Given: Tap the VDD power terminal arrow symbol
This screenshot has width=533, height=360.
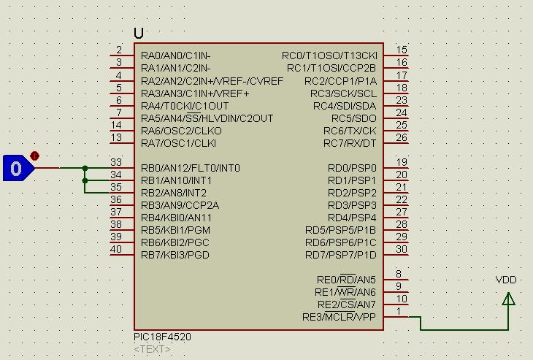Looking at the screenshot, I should click(509, 299).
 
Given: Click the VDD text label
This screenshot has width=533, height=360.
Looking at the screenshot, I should click(506, 280).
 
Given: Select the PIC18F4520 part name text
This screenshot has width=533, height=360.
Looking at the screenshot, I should click(163, 337).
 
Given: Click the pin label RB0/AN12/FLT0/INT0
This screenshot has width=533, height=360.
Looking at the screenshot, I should click(190, 168).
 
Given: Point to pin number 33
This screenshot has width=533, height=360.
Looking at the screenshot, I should click(115, 162).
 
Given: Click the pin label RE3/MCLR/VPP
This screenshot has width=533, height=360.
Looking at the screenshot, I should click(339, 317).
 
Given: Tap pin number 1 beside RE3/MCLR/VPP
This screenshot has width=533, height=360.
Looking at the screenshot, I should click(399, 312).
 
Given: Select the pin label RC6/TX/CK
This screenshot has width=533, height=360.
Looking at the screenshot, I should click(350, 131).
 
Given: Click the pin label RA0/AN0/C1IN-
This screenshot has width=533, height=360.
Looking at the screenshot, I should click(176, 55).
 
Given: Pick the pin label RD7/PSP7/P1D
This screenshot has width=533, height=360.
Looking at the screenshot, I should click(341, 255).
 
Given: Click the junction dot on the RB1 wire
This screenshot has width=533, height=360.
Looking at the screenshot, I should click(85, 180).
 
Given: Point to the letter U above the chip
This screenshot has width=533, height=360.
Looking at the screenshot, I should click(139, 34).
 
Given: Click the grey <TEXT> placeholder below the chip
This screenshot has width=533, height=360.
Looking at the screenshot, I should click(153, 349).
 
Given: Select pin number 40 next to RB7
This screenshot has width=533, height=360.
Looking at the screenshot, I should click(115, 249).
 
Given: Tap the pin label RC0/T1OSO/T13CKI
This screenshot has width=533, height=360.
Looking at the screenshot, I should click(329, 55).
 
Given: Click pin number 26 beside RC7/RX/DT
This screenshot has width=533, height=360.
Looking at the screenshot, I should click(401, 137).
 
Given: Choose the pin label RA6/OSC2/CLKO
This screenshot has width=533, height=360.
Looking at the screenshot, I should click(182, 131).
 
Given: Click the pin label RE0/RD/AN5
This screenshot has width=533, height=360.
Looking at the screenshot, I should click(346, 280).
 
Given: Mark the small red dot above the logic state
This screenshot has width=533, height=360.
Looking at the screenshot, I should click(34, 156).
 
